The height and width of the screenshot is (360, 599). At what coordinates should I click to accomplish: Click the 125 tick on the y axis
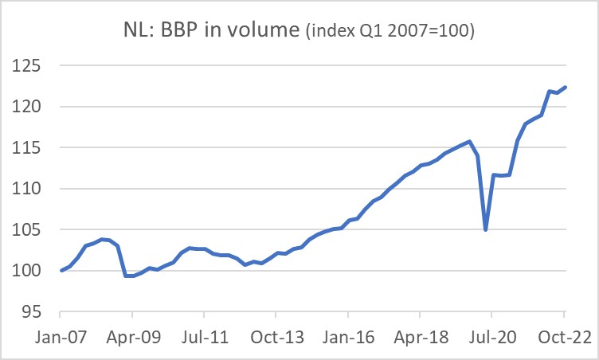pyautogui.click(x=25, y=65)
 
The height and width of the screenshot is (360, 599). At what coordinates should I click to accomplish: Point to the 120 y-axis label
pyautogui.click(x=25, y=107)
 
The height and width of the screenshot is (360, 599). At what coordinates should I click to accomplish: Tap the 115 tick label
pyautogui.click(x=25, y=148)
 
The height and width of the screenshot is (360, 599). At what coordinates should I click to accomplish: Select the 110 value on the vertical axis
pyautogui.click(x=25, y=189)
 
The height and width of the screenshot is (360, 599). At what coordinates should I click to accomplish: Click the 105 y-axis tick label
pyautogui.click(x=25, y=230)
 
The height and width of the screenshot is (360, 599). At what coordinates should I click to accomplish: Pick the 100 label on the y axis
pyautogui.click(x=25, y=272)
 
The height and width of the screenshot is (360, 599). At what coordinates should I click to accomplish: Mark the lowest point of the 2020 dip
pyautogui.click(x=485, y=229)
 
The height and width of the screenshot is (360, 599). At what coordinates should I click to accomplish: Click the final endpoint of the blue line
pyautogui.click(x=566, y=87)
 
